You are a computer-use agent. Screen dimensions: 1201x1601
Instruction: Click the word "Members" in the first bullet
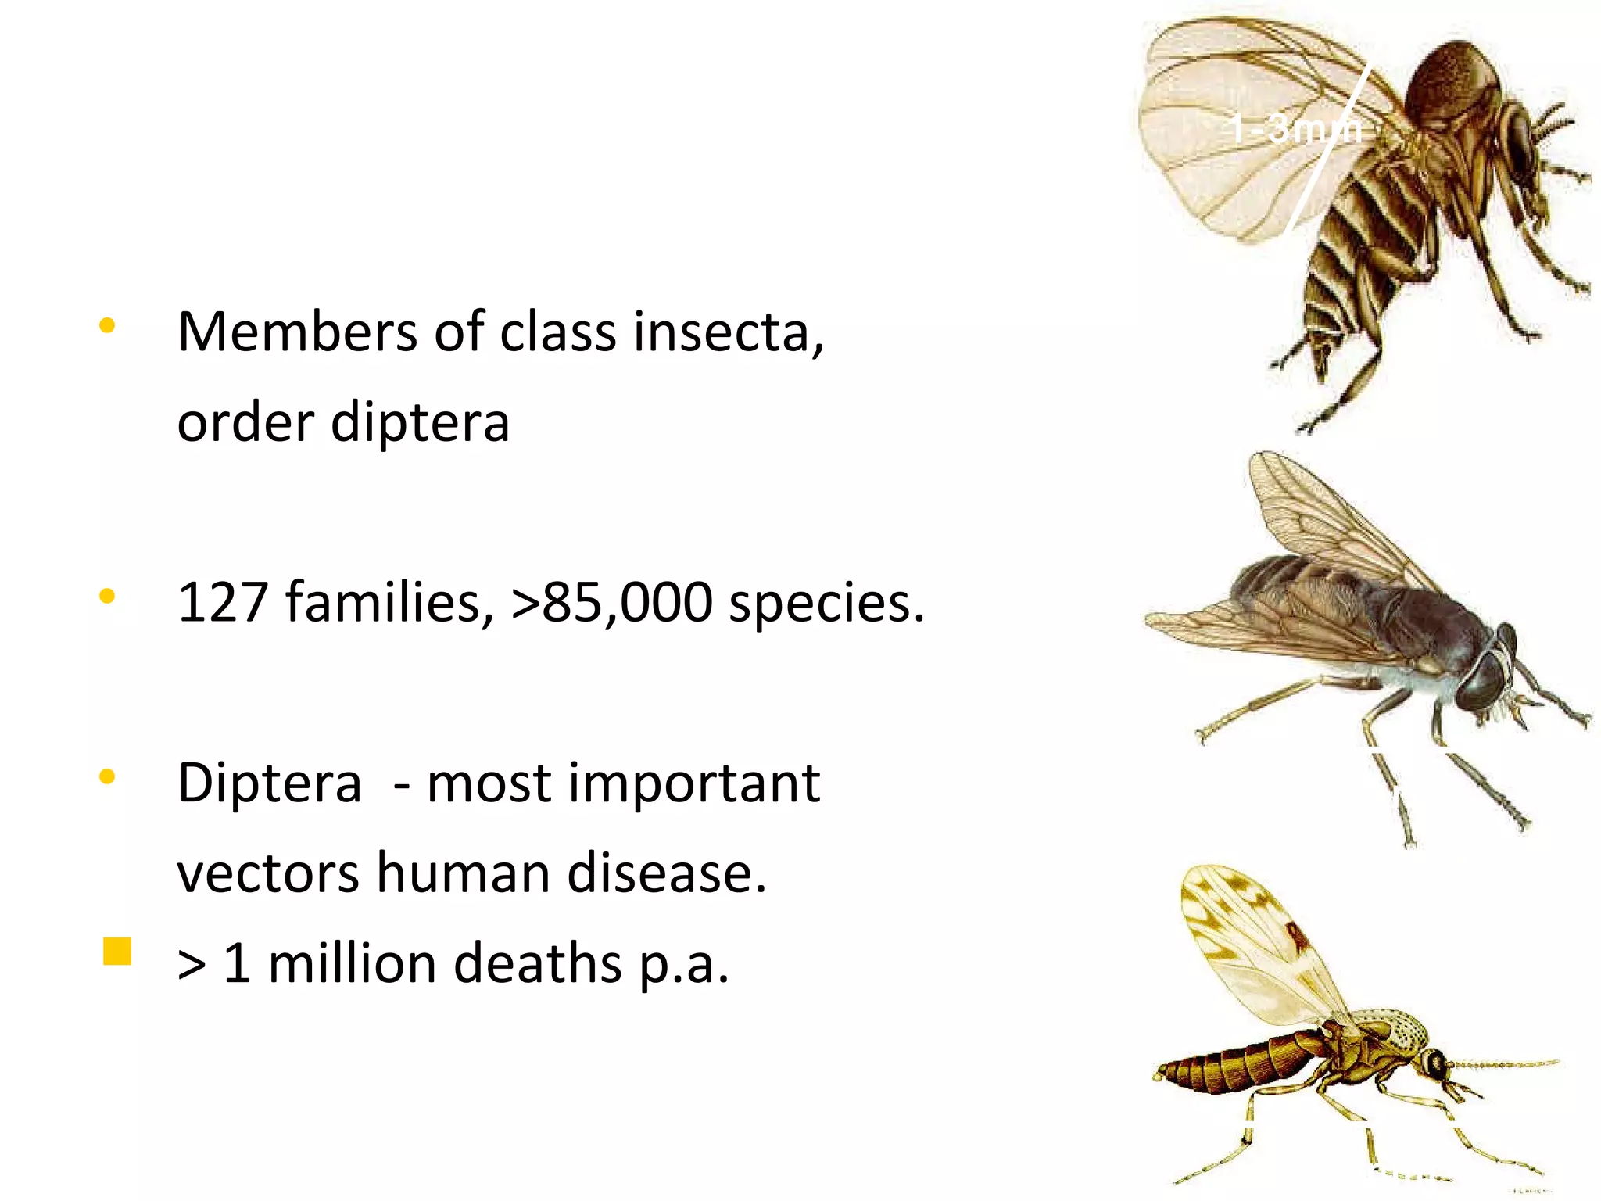pyautogui.click(x=297, y=332)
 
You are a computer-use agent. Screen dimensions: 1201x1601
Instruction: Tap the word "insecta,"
pyautogui.click(x=729, y=332)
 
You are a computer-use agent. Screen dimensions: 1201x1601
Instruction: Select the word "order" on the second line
pyautogui.click(x=245, y=422)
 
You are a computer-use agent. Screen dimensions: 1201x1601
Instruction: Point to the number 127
pyautogui.click(x=223, y=602)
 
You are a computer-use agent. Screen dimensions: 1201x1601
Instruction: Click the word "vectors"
pyautogui.click(x=267, y=873)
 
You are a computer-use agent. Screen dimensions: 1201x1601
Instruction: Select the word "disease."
pyautogui.click(x=666, y=873)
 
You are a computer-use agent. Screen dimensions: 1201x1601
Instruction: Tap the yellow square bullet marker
pyautogui.click(x=117, y=952)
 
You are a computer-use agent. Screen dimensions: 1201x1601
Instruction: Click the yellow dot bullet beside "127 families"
pyautogui.click(x=108, y=597)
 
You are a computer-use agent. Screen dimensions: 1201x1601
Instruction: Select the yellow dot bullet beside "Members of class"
pyautogui.click(x=108, y=325)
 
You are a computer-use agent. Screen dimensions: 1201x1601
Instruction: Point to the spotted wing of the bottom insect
pyautogui.click(x=1251, y=938)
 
